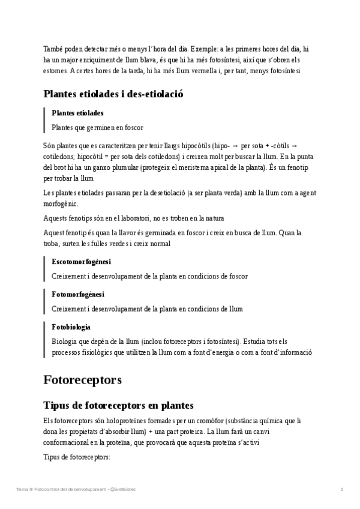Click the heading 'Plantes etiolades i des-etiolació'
point(113,94)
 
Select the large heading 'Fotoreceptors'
point(83,379)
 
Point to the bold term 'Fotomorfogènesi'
point(78,295)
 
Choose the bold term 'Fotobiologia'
point(71,327)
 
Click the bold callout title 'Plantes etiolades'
point(77,113)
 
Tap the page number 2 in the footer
point(341,490)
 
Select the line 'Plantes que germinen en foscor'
point(97,127)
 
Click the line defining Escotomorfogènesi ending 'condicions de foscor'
point(149,276)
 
